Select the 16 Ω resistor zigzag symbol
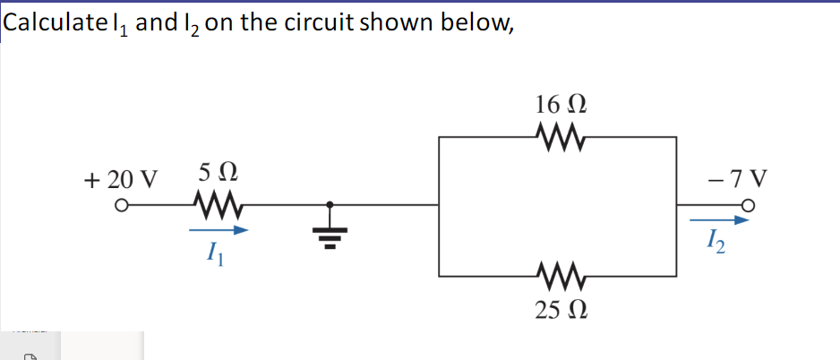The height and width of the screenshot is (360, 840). [x=558, y=137]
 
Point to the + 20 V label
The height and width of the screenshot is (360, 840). [x=119, y=176]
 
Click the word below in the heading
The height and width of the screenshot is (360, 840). [x=481, y=25]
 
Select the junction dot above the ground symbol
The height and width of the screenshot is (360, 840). [x=329, y=207]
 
